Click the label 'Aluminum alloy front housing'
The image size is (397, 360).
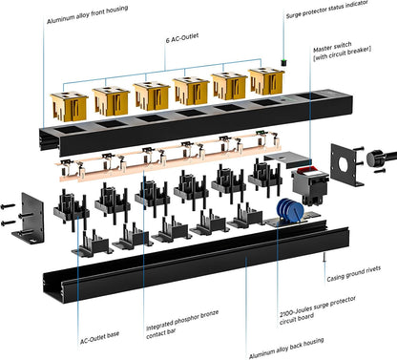(x=88, y=14)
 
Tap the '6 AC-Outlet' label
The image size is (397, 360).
(x=182, y=38)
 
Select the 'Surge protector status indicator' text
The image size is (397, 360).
(x=327, y=9)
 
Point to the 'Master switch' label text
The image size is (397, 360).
(x=332, y=47)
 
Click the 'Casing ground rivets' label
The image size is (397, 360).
(x=354, y=274)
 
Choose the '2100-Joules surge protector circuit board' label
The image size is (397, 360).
(x=318, y=310)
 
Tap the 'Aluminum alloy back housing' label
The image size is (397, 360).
(x=286, y=348)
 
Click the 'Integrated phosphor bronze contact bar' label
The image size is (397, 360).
(x=182, y=324)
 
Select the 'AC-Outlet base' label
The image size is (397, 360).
(x=99, y=337)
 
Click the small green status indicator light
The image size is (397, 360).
(x=283, y=62)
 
